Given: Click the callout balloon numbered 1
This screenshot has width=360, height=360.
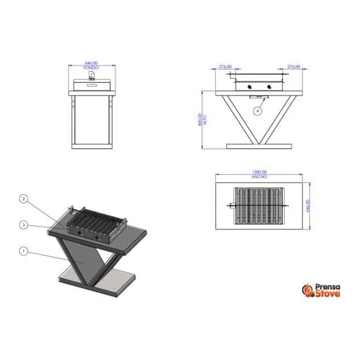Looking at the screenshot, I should [x=23, y=251].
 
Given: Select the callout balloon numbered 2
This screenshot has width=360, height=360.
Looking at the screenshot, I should [x=23, y=199].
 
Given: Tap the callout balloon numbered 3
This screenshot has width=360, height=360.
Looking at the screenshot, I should [x=23, y=225].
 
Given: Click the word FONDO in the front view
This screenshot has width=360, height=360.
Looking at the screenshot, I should [x=92, y=68].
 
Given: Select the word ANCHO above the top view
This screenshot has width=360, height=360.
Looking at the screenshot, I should [x=259, y=177].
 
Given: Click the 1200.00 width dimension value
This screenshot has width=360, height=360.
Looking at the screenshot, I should [x=259, y=173].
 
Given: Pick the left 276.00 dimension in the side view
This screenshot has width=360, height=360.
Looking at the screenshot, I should [x=225, y=67].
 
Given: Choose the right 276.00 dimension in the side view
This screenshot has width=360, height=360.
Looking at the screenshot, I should [x=294, y=67].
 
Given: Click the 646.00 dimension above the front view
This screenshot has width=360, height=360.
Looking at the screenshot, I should [x=92, y=64].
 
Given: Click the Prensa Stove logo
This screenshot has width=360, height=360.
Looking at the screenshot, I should [x=320, y=292].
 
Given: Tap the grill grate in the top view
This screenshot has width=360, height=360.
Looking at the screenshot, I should [x=260, y=205].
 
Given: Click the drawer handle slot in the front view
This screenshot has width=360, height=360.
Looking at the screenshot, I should [x=92, y=81].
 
